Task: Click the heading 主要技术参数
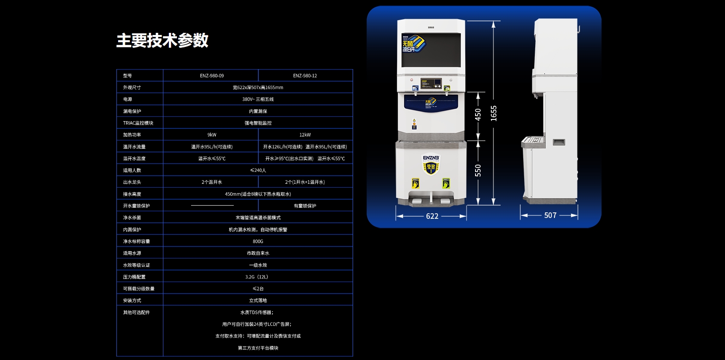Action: point(162,41)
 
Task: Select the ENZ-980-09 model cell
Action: point(212,75)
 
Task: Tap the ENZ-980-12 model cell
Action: point(305,75)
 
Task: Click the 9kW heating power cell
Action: point(212,135)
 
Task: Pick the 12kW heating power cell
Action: point(305,135)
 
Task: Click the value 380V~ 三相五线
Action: point(258,99)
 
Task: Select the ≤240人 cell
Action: point(258,170)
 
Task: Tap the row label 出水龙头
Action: point(132,182)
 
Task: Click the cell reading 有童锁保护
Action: point(305,206)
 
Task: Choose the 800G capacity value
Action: point(258,241)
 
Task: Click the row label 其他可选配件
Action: point(136,312)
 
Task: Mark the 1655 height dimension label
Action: point(493,113)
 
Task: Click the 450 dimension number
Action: point(478,114)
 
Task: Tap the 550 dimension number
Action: point(478,170)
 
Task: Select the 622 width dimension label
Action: point(432,216)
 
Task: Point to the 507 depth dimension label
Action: point(550,215)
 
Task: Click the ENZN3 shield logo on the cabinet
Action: point(431,164)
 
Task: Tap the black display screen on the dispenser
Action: point(431,49)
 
